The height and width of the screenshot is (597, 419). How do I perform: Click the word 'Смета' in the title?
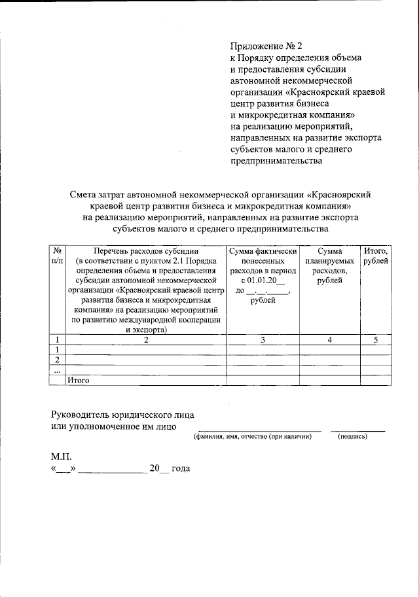pyautogui.click(x=84, y=194)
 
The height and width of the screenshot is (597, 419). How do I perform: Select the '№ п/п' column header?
pyautogui.click(x=58, y=256)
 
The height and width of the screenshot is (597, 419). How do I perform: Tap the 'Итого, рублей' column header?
pyautogui.click(x=376, y=256)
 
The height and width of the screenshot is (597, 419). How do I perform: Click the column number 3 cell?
pyautogui.click(x=263, y=339)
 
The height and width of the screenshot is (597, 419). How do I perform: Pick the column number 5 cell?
pyautogui.click(x=376, y=339)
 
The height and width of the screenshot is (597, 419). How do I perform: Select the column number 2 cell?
pyautogui.click(x=147, y=339)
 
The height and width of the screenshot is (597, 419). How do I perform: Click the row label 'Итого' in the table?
pyautogui.click(x=79, y=379)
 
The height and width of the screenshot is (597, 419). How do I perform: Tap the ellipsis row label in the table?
pyautogui.click(x=58, y=369)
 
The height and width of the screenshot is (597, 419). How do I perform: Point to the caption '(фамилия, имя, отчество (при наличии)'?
pyautogui.click(x=252, y=436)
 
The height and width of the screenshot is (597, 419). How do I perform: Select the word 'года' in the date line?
pyautogui.click(x=180, y=469)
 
